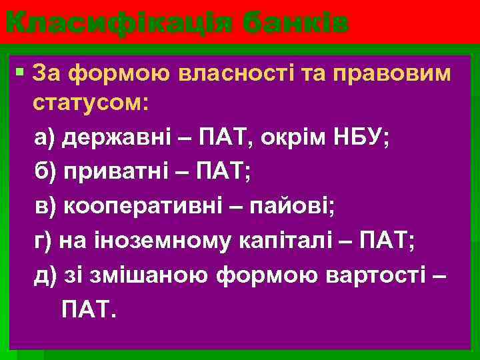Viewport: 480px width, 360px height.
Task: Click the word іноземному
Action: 160,241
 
